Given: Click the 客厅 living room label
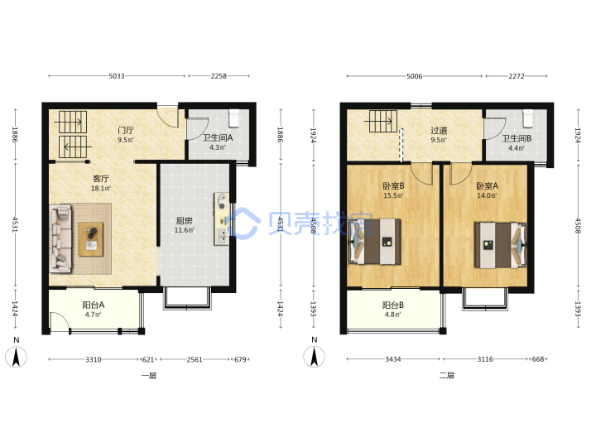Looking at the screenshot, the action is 101,179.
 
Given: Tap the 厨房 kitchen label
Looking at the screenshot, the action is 184,220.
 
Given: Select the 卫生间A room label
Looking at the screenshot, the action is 218,138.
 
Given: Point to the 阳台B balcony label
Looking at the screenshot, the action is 392,305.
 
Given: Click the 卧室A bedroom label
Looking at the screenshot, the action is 487,186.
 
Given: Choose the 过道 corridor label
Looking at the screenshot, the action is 439,131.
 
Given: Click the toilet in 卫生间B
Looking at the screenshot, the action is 528,118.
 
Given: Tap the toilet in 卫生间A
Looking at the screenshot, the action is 233,118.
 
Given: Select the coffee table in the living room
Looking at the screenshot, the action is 91,239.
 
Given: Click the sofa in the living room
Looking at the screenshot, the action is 60,238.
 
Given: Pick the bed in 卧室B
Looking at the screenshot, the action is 375,242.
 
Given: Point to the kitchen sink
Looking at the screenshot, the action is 221,237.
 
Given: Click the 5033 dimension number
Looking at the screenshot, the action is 117,76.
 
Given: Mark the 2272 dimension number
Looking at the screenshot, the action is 517,76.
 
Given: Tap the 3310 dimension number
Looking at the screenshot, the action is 93,359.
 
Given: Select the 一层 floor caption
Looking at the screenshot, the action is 149,376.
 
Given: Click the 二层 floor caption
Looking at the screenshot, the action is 447,376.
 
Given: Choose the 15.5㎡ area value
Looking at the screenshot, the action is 393,195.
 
